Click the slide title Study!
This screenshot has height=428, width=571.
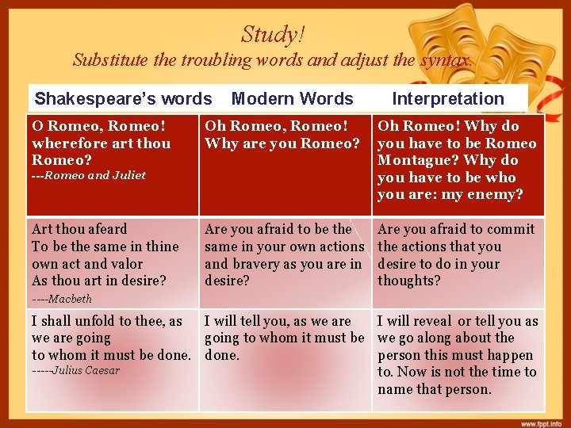point(273,35)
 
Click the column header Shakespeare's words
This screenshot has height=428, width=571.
point(123,99)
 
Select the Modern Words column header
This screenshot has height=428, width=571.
point(292,99)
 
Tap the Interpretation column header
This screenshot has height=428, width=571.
point(448,99)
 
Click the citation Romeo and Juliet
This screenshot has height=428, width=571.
point(94,175)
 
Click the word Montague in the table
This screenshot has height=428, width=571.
point(413,160)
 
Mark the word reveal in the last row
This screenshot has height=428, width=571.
point(433,321)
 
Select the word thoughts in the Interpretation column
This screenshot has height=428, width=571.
point(409,281)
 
